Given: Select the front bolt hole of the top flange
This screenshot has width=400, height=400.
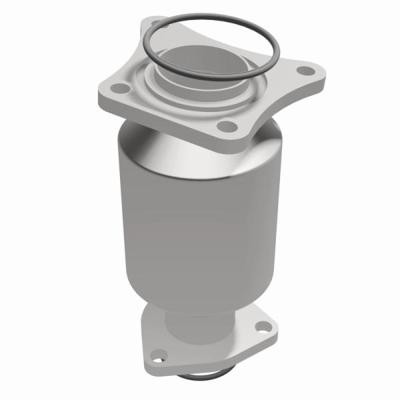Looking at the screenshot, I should coord(227,125).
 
